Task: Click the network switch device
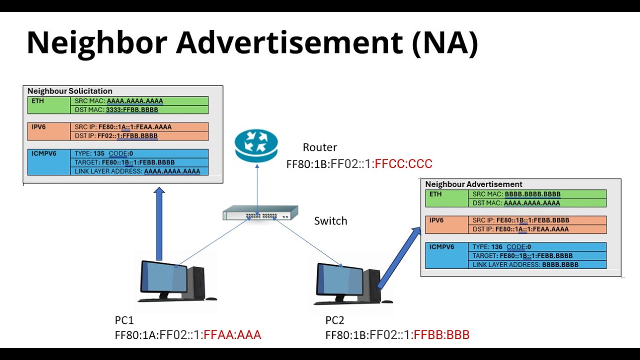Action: coord(257,213)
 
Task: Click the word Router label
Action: coord(319,147)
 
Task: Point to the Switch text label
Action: coord(330,221)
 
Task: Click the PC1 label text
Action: coord(124,320)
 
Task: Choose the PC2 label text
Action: coord(335,320)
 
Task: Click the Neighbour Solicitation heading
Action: coord(69,91)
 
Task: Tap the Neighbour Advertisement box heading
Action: coord(473,184)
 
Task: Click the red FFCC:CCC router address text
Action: coord(403,164)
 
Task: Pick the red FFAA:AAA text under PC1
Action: coord(232,334)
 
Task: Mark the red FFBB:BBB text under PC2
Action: coord(441,334)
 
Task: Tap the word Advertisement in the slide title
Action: coord(289,43)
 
